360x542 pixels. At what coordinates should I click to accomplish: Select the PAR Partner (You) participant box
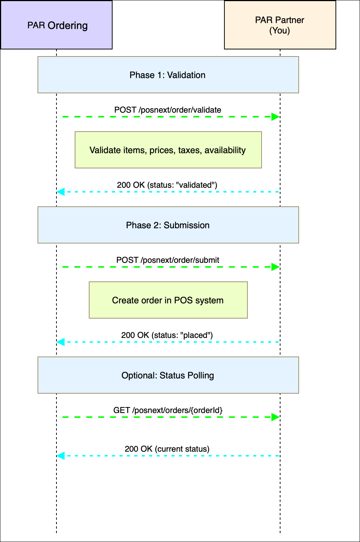(280, 25)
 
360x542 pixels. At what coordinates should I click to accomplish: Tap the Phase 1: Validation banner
(168, 75)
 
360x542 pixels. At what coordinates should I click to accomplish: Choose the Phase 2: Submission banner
(168, 225)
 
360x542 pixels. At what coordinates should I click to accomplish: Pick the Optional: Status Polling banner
(168, 375)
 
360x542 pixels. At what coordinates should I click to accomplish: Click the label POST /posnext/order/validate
(168, 110)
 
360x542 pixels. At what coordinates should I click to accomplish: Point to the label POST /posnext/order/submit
(168, 260)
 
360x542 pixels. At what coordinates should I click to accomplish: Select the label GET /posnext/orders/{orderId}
(168, 410)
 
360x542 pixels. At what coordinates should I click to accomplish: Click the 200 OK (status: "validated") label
(167, 185)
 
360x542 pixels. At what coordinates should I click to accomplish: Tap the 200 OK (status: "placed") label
(167, 335)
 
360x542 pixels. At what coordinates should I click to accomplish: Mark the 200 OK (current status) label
(167, 449)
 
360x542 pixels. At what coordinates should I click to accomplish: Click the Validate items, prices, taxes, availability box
(168, 150)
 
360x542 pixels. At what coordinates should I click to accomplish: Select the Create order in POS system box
(168, 300)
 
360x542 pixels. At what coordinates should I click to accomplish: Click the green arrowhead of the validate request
(275, 117)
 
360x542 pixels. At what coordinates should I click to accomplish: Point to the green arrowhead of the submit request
(275, 267)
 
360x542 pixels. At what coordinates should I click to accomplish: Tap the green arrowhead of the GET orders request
(275, 417)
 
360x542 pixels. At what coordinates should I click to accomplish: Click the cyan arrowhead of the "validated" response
(61, 192)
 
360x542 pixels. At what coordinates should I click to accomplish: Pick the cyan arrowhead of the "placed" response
(61, 342)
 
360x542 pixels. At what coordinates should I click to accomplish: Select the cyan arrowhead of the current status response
(61, 456)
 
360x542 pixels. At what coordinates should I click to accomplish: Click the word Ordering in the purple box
(68, 26)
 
